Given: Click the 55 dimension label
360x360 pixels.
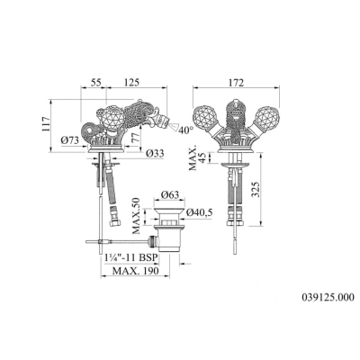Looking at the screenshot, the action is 96,82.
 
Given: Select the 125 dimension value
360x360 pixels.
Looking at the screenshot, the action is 130,82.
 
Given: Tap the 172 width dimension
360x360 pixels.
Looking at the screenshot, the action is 236,83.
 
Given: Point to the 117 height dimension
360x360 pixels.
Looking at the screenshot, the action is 44,125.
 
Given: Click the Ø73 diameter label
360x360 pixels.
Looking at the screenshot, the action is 70,139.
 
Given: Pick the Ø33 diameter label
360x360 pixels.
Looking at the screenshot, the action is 155,154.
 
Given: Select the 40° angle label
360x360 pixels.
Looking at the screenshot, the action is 186,130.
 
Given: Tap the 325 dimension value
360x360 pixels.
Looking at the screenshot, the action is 256,189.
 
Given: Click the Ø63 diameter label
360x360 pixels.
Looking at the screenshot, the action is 169,195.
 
